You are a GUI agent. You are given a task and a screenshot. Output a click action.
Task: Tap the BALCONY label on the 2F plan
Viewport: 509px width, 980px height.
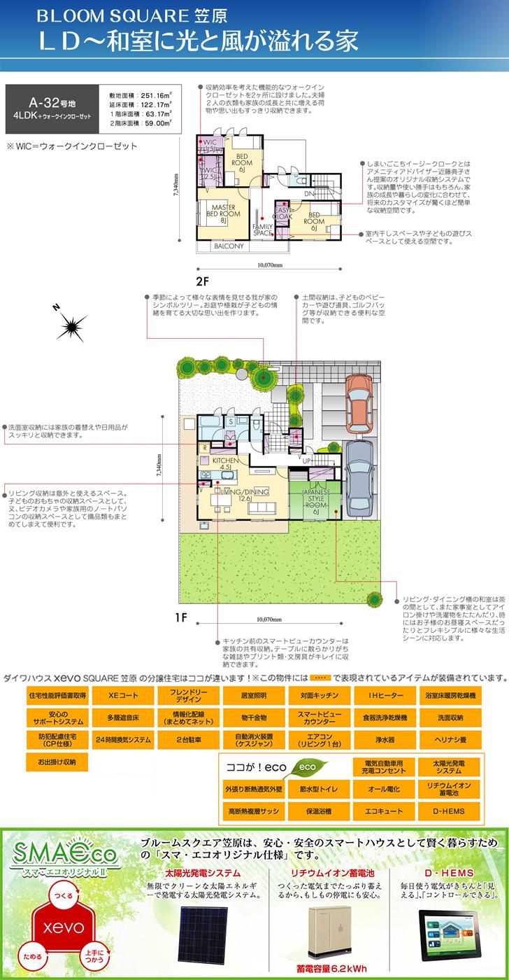pos(228,247)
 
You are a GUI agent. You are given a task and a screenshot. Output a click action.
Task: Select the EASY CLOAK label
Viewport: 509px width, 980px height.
pos(284,213)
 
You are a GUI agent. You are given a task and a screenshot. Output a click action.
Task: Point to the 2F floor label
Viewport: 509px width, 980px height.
pos(203,281)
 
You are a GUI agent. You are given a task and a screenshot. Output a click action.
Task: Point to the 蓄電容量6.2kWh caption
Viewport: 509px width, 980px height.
pos(325,970)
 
